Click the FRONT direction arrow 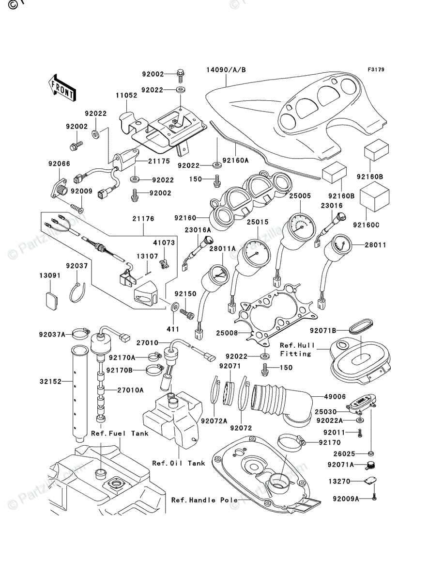click(62, 87)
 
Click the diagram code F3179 click(376, 70)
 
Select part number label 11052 click(126, 95)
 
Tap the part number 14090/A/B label click(226, 70)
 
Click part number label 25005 click(300, 195)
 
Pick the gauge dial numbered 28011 click(338, 246)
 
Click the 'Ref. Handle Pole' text click(204, 500)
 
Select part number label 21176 click(143, 219)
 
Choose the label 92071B click(323, 331)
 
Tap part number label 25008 click(227, 333)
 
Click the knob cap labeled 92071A click(370, 465)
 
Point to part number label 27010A click(130, 390)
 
